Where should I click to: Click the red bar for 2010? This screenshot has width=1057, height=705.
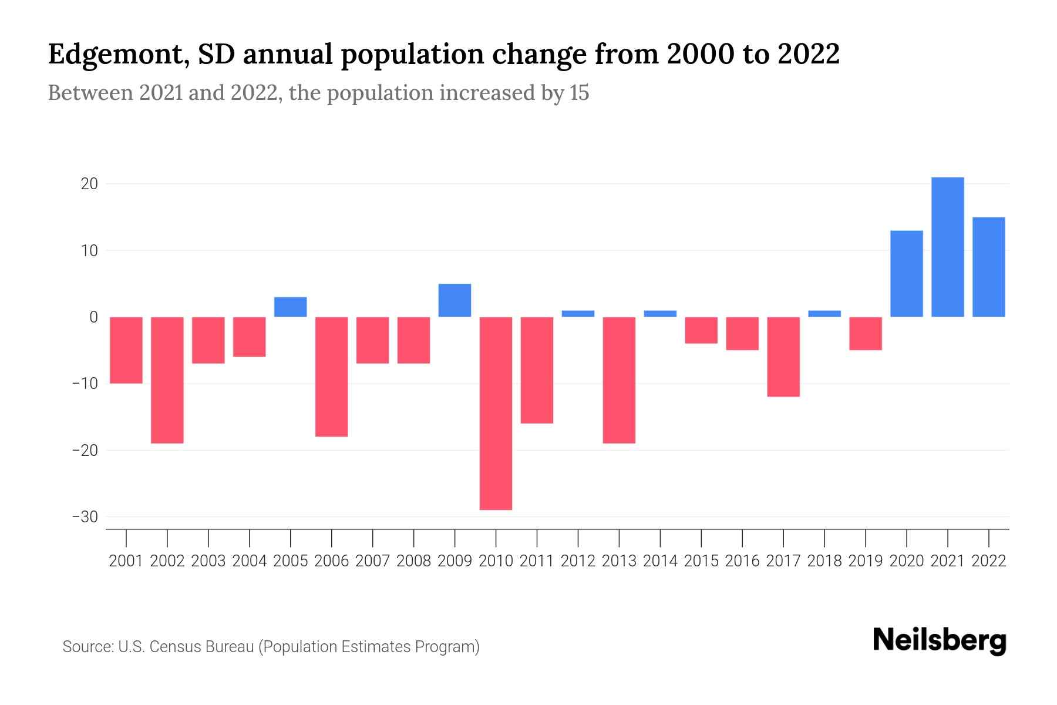click(496, 413)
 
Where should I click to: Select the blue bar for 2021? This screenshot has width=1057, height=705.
click(947, 247)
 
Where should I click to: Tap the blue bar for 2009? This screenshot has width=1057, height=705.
click(455, 300)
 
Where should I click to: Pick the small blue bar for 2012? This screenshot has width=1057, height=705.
click(578, 314)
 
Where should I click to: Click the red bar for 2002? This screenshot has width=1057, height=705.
click(167, 380)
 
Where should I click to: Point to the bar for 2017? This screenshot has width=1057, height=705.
click(783, 357)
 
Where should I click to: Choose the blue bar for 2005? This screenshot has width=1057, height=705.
click(291, 307)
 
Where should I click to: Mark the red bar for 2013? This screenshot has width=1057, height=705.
click(619, 380)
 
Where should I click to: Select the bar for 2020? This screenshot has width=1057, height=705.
click(906, 274)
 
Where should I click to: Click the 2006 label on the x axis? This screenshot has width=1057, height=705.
click(332, 561)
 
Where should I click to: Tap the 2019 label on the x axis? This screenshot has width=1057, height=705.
click(866, 561)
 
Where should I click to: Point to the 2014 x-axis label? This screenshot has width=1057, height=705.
click(660, 561)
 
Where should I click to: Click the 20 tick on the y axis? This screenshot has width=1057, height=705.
click(89, 184)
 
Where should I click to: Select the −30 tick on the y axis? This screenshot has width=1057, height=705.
click(85, 517)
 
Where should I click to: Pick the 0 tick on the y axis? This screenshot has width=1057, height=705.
click(93, 317)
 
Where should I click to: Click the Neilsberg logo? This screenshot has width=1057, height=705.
click(940, 641)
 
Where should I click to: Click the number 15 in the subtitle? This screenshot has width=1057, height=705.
click(578, 93)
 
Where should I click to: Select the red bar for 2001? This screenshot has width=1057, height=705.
click(126, 350)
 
